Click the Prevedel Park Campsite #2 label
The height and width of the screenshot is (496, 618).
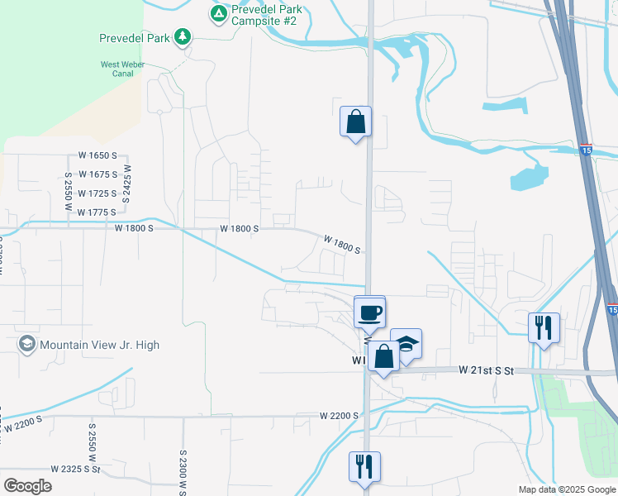click(x=266, y=14)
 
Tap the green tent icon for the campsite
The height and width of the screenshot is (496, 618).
click(x=218, y=13)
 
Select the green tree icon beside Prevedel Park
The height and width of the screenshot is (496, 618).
click(x=183, y=37)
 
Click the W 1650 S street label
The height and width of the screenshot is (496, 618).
click(x=98, y=155)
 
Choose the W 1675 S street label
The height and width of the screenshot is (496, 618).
click(x=98, y=174)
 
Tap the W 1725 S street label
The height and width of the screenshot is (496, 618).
click(x=98, y=193)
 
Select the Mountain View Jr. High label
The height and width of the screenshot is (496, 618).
click(x=99, y=345)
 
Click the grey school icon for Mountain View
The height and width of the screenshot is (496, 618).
click(x=27, y=344)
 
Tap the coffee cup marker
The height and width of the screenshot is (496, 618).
click(x=369, y=312)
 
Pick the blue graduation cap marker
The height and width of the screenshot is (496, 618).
click(x=406, y=343)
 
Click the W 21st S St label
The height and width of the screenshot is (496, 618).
click(x=487, y=371)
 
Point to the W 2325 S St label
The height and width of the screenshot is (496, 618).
click(x=75, y=469)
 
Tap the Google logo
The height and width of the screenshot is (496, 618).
click(x=27, y=486)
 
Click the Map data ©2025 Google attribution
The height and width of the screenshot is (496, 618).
click(x=566, y=489)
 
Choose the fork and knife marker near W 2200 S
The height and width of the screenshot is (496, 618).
click(x=365, y=467)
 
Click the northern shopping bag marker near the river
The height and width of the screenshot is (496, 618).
click(x=355, y=122)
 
